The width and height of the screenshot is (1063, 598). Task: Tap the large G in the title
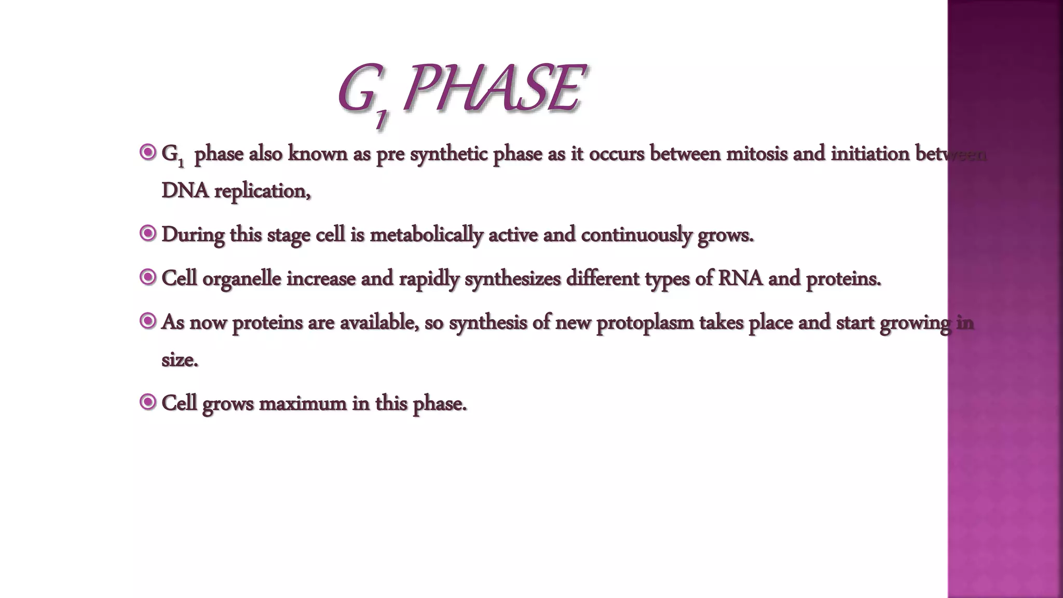357,89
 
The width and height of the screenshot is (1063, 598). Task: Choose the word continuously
636,235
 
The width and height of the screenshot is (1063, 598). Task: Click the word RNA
740,278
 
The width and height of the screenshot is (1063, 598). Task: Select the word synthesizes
512,279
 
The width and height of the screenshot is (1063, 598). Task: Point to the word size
180,360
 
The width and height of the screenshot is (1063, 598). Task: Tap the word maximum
303,403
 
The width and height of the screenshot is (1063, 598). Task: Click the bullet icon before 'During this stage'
148,234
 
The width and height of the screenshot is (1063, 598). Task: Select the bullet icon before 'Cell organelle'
148,277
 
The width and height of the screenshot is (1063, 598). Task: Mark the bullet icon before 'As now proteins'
148,321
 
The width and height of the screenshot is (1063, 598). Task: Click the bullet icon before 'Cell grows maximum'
148,402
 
